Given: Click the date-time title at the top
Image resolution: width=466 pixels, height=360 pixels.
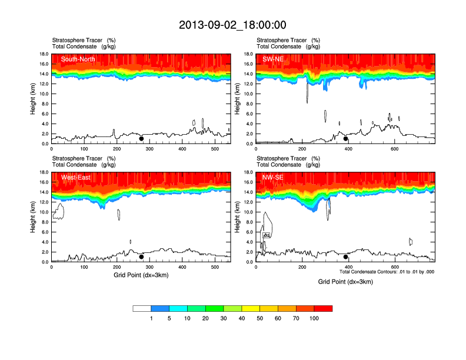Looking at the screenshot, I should (x=232, y=25).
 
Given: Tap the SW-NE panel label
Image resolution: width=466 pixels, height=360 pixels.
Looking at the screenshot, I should (x=274, y=59).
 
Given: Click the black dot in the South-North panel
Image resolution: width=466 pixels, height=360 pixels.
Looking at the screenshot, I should (x=141, y=139).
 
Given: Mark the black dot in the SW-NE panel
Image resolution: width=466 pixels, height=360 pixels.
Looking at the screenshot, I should (x=346, y=139).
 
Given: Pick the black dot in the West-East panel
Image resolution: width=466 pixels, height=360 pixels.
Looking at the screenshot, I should (x=141, y=257).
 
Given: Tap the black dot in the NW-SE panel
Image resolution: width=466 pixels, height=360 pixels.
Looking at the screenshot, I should (x=346, y=257).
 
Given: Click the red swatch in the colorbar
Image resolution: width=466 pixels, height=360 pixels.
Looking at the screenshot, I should (x=323, y=308).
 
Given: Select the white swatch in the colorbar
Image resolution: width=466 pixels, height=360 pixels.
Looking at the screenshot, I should (x=142, y=308).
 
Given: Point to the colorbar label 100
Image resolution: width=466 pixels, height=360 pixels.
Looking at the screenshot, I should (x=314, y=318).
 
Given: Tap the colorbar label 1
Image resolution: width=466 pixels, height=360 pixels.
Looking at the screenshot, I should (x=151, y=318).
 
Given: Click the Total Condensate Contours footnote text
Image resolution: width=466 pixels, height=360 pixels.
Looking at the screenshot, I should (x=387, y=272).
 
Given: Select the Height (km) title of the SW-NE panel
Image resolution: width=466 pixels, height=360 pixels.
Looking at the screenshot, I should (x=238, y=99).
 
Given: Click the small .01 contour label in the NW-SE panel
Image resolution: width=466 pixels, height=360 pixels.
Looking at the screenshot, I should (x=267, y=235).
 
